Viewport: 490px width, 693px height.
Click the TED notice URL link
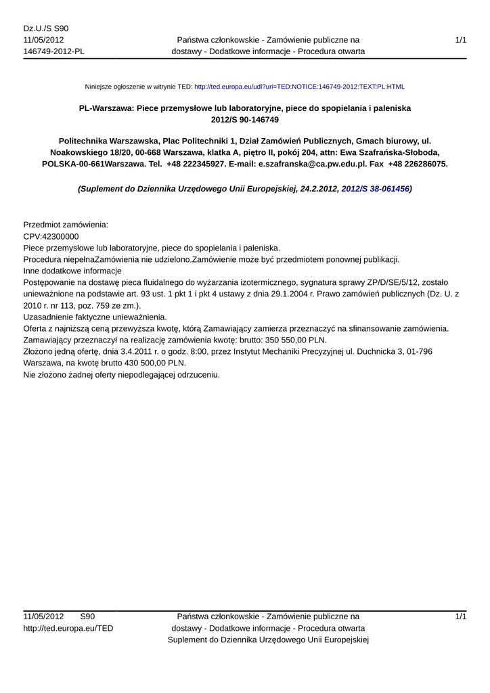(x=299, y=87)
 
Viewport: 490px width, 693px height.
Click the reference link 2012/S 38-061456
(x=375, y=189)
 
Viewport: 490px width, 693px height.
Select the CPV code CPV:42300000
(x=51, y=236)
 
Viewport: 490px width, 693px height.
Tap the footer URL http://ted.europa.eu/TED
(x=68, y=628)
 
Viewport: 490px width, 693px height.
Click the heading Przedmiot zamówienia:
(x=66, y=224)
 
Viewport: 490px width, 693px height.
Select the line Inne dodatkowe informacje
(x=72, y=270)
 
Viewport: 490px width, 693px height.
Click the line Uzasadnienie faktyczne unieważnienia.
(x=95, y=317)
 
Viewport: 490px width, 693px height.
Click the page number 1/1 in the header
(x=461, y=41)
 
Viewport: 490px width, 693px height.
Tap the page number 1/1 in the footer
(x=461, y=617)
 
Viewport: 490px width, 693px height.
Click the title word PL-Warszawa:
(x=108, y=108)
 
